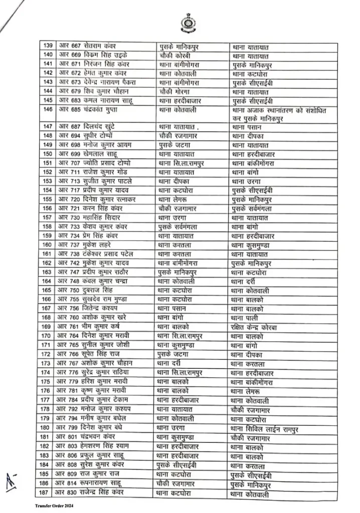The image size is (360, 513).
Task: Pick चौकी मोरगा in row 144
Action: [176, 92]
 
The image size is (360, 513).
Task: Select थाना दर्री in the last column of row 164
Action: [244, 281]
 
